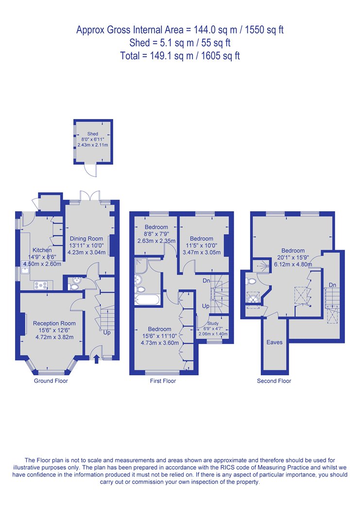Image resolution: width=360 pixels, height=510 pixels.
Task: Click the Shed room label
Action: coord(93,134)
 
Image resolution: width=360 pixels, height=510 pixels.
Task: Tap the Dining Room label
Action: coord(86,238)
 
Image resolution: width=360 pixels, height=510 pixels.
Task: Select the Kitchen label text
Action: coord(42,250)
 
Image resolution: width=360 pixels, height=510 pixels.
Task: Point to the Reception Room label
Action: coord(54,323)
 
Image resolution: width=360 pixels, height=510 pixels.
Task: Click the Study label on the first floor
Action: coord(213,323)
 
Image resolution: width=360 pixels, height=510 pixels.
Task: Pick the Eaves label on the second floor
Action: coord(274,342)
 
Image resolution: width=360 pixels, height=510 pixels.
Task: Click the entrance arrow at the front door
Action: coord(96,359)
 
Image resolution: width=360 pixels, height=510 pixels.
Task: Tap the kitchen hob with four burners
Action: coord(41,285)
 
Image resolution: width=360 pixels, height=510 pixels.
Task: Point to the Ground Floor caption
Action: coord(51,381)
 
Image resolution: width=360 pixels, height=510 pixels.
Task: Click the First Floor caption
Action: coord(163,381)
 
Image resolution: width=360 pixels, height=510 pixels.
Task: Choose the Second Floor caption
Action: coord(274,381)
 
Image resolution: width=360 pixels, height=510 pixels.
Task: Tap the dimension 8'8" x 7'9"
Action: coord(156,234)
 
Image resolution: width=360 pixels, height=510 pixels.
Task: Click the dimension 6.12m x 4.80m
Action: coord(293,264)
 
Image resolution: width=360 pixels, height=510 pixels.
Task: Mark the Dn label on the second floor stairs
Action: coord(332,285)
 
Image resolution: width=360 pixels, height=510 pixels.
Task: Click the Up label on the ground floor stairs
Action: coord(107,333)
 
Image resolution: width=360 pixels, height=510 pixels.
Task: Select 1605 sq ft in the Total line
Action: coord(221,56)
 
